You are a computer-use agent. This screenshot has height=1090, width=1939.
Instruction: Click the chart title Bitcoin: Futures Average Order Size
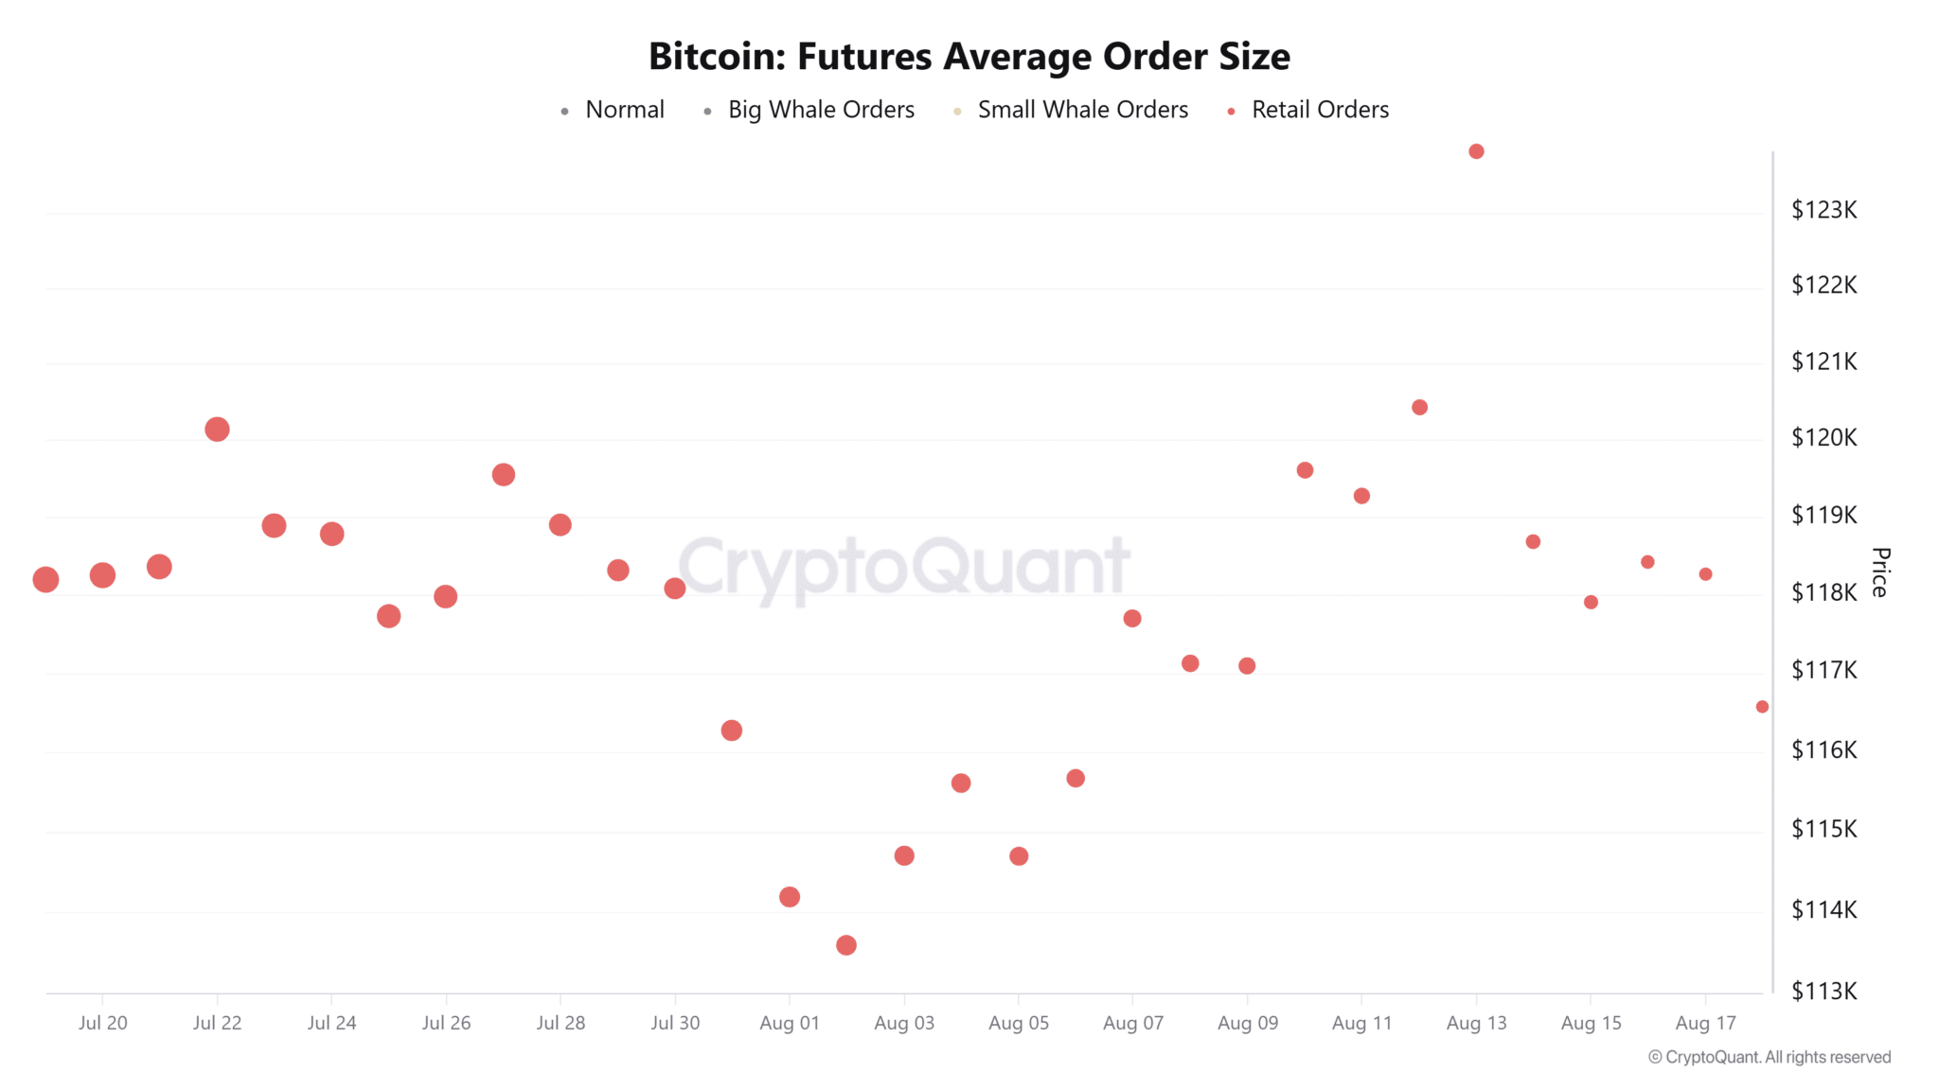pyautogui.click(x=969, y=57)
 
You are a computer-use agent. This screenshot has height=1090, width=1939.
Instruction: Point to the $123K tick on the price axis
pyautogui.click(x=1823, y=210)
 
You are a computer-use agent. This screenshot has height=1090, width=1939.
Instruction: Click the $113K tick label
pyautogui.click(x=1823, y=991)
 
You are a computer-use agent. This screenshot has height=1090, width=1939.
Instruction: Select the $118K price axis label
pyautogui.click(x=1823, y=592)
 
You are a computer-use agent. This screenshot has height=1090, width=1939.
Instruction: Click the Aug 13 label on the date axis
pyautogui.click(x=1476, y=1023)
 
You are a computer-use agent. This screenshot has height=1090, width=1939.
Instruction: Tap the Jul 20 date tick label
pyautogui.click(x=102, y=1023)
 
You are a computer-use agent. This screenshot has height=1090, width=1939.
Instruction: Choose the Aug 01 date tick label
pyautogui.click(x=789, y=1023)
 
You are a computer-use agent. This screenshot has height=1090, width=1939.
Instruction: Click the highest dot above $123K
pyautogui.click(x=1476, y=151)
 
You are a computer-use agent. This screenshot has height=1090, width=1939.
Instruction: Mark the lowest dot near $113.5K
pyautogui.click(x=846, y=945)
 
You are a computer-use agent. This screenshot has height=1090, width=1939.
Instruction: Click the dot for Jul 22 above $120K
pyautogui.click(x=217, y=430)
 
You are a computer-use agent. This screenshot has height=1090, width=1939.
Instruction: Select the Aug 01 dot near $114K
pyautogui.click(x=790, y=897)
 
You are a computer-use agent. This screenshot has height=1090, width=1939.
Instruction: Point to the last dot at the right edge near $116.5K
pyautogui.click(x=1762, y=707)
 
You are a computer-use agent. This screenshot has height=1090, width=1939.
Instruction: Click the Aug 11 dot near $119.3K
pyautogui.click(x=1361, y=496)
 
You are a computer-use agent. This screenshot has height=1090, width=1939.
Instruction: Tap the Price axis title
pyautogui.click(x=1880, y=571)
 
